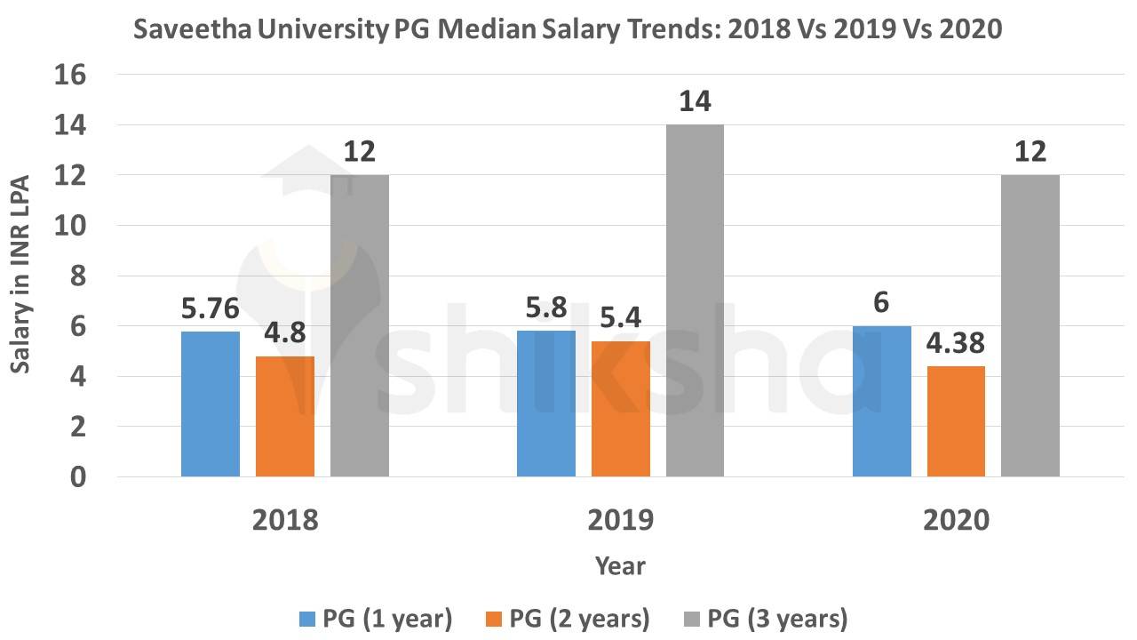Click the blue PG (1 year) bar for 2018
click(211, 404)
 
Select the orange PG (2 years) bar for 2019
click(620, 409)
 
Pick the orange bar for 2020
click(956, 421)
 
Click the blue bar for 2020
click(882, 401)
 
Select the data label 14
click(695, 102)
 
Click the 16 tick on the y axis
click(71, 76)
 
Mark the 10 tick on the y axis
click(71, 227)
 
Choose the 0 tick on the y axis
click(78, 477)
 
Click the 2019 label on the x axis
click(620, 520)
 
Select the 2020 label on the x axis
click(956, 520)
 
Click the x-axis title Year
click(620, 565)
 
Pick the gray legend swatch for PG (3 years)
click(691, 617)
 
